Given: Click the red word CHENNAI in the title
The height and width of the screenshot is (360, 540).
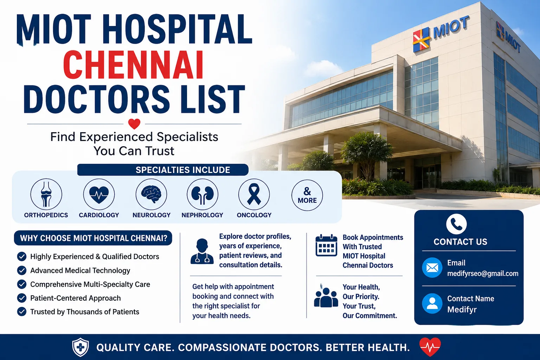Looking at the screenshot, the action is (x=133, y=65).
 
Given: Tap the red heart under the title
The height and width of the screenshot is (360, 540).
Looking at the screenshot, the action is (x=134, y=124).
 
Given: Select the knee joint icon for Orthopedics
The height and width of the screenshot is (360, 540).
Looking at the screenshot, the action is (x=46, y=194).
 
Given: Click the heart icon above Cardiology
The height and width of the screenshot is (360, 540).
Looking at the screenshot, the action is (x=99, y=194).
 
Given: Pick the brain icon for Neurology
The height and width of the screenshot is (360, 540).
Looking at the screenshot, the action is (x=152, y=194).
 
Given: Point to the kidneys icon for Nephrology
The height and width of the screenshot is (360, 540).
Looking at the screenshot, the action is (x=202, y=194).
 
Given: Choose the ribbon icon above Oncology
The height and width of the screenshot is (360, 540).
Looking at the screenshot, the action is (x=254, y=194).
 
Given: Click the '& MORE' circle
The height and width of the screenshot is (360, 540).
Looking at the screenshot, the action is (x=307, y=195).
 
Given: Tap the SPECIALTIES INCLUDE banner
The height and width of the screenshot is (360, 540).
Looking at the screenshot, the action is (x=163, y=170).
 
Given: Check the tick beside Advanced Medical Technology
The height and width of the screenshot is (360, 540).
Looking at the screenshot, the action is (x=22, y=270).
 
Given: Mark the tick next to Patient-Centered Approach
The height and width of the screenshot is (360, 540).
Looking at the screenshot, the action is (x=22, y=298).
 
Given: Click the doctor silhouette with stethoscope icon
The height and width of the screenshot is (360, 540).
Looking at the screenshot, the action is (x=202, y=251).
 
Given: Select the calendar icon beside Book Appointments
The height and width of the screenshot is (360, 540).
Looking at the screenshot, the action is (x=326, y=245).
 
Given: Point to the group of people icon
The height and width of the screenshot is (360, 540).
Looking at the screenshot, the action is (x=326, y=297).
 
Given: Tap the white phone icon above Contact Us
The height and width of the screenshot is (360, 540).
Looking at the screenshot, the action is (x=456, y=224).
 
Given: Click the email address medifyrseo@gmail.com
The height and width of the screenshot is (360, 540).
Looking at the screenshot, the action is (x=483, y=274).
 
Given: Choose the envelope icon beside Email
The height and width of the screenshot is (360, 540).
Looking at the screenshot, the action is (x=432, y=268).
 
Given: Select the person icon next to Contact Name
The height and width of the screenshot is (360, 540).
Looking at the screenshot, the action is (x=432, y=303).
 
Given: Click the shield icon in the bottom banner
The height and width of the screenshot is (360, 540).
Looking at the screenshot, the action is (x=81, y=347).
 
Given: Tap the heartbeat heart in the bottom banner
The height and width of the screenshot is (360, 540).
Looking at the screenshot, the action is (x=430, y=347).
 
